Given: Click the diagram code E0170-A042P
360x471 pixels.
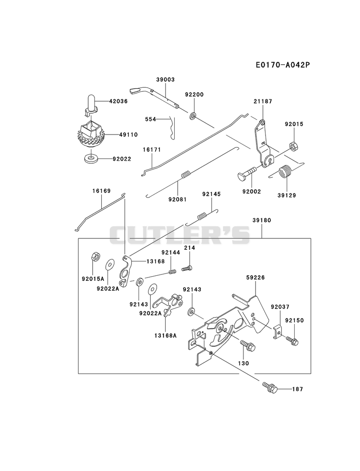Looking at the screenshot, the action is (x=283, y=65).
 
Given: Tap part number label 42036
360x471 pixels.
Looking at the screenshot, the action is (x=118, y=102).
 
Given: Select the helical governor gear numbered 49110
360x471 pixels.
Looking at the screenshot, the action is (x=89, y=134).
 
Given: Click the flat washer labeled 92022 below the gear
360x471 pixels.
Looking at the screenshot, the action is (x=91, y=158).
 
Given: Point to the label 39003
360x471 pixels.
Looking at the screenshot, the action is (x=165, y=80).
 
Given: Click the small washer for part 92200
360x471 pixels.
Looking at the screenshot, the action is (x=193, y=115).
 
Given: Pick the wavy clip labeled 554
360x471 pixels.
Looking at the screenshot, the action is (x=172, y=128).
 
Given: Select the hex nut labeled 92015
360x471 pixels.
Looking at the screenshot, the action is (x=293, y=145).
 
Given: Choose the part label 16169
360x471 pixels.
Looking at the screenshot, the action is (x=101, y=191).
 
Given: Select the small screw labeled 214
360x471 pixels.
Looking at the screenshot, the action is (x=187, y=268).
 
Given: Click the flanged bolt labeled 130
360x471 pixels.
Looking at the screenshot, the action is (x=248, y=345).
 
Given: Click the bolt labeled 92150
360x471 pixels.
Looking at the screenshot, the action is (x=292, y=341).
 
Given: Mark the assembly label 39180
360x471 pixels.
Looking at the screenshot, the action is (x=261, y=220).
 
